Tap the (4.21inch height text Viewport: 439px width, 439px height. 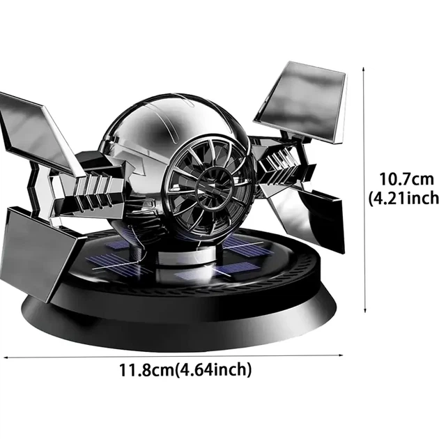coord(403,198)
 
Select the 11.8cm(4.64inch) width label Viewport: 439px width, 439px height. coord(185,370)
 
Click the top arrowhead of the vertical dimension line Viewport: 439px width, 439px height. coord(364,69)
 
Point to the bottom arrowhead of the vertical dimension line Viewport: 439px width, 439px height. coord(364,309)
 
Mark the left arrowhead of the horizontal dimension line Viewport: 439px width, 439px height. coord(6,357)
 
